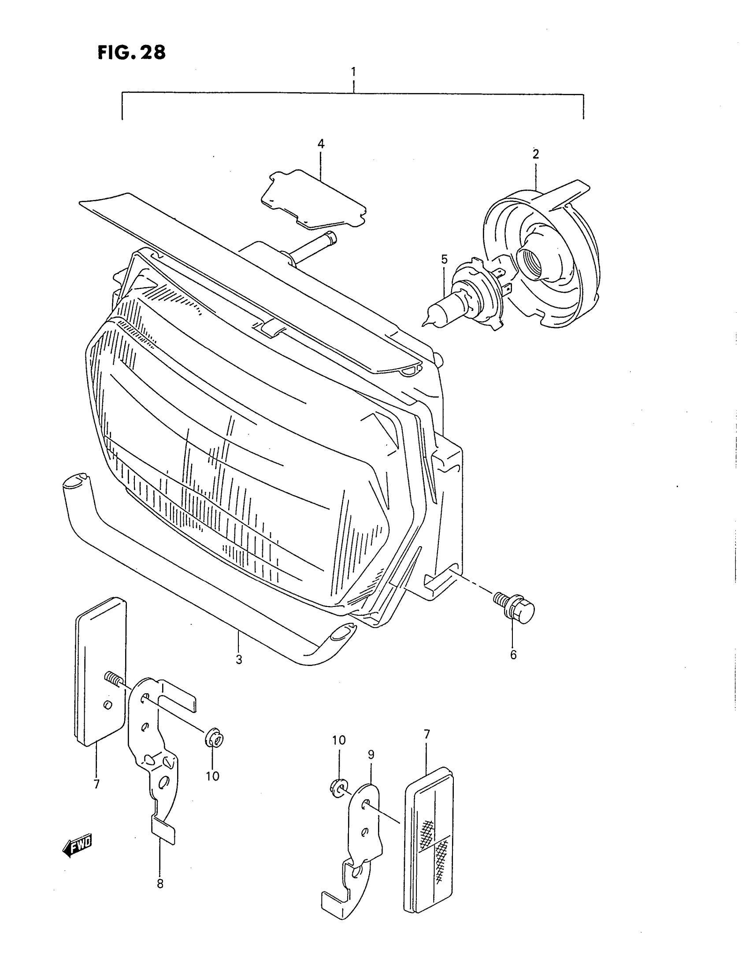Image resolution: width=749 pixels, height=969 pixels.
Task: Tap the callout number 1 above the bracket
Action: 353,72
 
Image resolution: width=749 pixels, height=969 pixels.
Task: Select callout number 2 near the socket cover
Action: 536,155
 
